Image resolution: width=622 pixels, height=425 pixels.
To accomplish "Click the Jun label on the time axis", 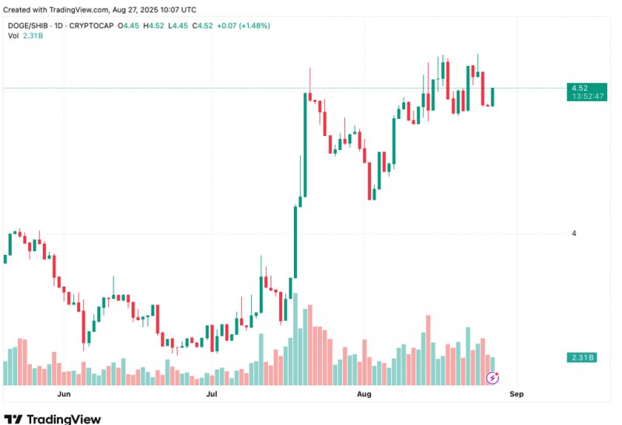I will coord(65,394).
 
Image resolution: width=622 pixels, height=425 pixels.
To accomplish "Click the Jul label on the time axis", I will coord(211,394).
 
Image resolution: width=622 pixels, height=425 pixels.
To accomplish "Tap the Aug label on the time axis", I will coord(364,394).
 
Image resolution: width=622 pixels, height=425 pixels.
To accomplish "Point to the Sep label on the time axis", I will coord(516,394).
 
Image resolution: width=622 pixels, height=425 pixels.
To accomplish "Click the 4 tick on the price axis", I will coord(574,233).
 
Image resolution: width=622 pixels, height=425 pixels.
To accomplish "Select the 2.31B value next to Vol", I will coord(33,37).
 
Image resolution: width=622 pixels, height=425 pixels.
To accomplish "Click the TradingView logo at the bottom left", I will coord(52,419).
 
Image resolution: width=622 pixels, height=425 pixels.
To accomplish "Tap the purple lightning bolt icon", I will coord(492,378).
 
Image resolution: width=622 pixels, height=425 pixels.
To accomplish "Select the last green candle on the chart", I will coord(492,96).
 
